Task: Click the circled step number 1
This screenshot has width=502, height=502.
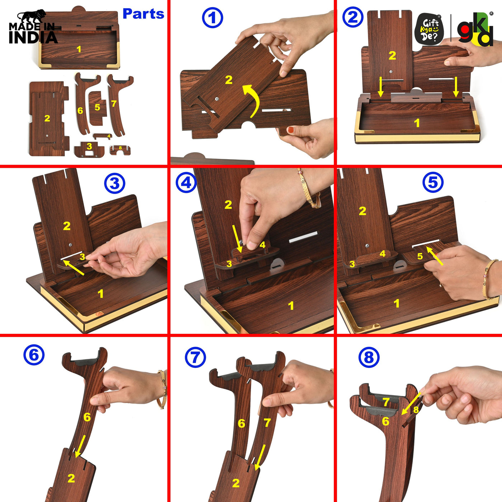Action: (x=212, y=18)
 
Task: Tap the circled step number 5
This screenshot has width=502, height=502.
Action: (x=433, y=182)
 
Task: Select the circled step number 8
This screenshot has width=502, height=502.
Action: (x=369, y=357)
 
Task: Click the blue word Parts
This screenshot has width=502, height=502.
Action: (x=143, y=14)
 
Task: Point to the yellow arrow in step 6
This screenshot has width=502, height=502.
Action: (x=80, y=446)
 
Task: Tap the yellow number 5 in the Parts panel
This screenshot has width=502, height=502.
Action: (x=97, y=107)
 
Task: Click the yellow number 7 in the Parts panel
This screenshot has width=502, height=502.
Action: (x=114, y=104)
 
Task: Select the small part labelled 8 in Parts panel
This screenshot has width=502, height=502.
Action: (x=120, y=150)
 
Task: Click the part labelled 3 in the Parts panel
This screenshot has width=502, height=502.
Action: (x=89, y=150)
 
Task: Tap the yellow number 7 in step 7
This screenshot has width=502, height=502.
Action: (x=267, y=422)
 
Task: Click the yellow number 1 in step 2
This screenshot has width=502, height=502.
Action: (x=417, y=123)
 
